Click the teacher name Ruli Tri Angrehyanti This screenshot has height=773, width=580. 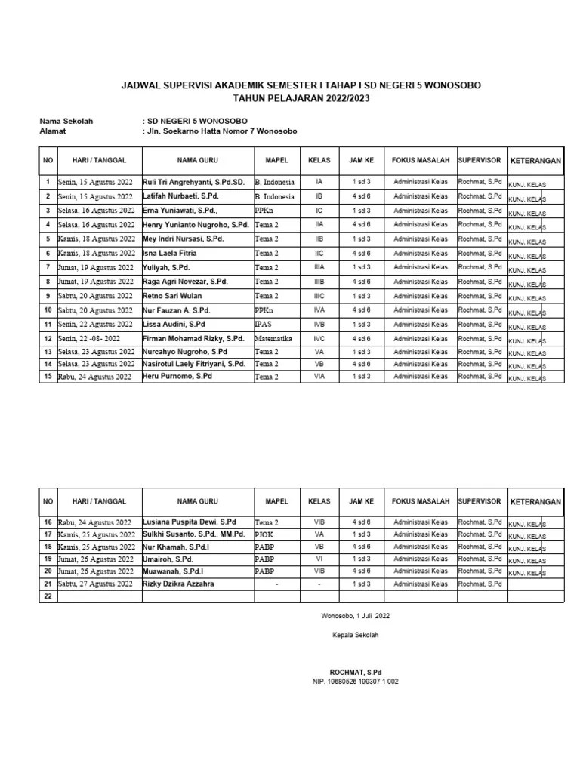193,182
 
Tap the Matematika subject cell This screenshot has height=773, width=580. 273,338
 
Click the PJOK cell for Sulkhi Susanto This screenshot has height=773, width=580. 264,534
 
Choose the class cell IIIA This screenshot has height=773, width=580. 319,266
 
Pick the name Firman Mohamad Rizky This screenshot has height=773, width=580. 193,338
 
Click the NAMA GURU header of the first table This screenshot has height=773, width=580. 197,161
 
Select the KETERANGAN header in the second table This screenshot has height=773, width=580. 535,502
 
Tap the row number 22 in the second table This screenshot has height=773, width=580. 48,596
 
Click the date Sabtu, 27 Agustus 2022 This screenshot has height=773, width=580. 94,584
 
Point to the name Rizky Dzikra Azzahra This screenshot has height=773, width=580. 178,584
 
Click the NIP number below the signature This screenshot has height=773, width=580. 355,682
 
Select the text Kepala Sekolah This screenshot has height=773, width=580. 355,635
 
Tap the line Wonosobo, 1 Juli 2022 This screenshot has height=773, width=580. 355,616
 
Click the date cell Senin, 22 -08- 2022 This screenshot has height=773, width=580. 89,338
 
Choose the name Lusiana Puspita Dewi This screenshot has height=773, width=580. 190,522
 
